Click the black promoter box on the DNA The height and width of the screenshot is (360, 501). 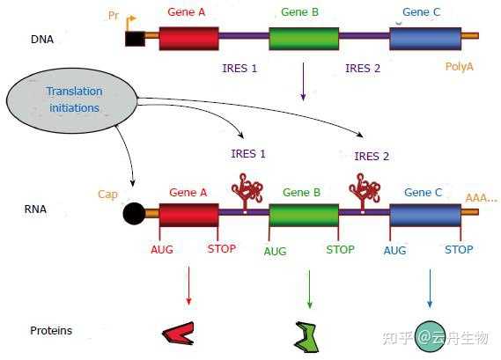click(x=135, y=39)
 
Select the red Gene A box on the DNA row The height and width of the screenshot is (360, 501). click(x=188, y=39)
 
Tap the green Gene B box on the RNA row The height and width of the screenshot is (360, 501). click(x=304, y=216)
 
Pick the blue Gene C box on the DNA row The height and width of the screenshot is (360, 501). click(x=425, y=39)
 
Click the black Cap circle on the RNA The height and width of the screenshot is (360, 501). click(x=134, y=213)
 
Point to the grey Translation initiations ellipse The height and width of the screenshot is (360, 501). click(x=72, y=100)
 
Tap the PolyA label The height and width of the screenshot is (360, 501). click(x=459, y=67)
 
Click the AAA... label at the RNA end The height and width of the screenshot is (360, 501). click(x=482, y=198)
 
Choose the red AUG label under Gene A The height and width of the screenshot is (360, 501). click(x=162, y=249)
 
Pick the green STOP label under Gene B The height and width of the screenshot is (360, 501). click(x=340, y=249)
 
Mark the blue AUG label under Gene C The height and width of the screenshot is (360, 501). click(x=395, y=251)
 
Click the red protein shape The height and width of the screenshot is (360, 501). click(x=179, y=334)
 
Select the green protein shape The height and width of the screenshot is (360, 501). click(x=306, y=337)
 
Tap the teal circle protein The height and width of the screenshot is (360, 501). click(x=430, y=336)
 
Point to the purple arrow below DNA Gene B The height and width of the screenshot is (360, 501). click(x=303, y=82)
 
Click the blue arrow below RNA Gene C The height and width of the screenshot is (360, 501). click(x=430, y=289)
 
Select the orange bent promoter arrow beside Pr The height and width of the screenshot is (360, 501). click(x=130, y=23)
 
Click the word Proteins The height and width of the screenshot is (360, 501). click(x=51, y=331)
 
